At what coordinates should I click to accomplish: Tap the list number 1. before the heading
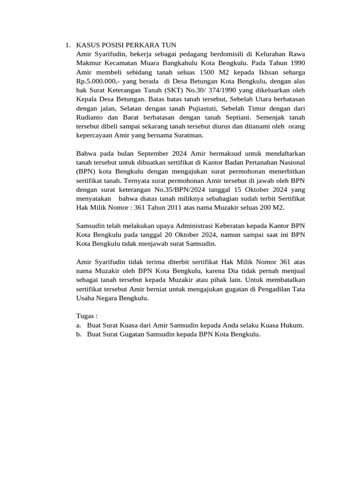pos(67,45)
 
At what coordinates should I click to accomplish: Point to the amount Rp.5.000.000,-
pos(97,81)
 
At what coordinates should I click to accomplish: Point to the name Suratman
pos(189,135)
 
